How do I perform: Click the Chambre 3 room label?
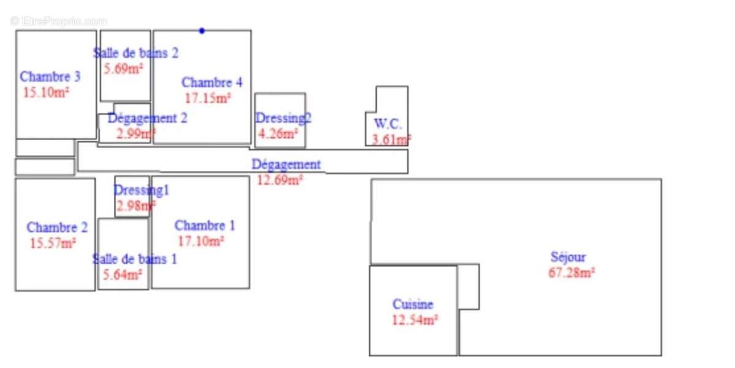click(x=50, y=77)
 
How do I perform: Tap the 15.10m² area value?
click(x=46, y=92)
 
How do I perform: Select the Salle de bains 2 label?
click(x=136, y=53)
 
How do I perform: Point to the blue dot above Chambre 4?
click(x=202, y=31)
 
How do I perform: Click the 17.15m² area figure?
click(x=208, y=97)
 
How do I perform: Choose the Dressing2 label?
click(x=283, y=118)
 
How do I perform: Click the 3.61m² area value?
click(x=391, y=140)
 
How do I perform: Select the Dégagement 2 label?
click(x=148, y=118)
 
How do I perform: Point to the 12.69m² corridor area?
click(x=280, y=180)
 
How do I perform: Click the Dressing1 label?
click(x=141, y=190)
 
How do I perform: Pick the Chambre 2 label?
click(x=57, y=228)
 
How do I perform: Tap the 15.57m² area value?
click(x=53, y=243)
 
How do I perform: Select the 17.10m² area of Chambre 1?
click(x=201, y=241)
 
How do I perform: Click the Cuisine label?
click(x=413, y=304)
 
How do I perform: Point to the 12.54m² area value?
click(x=415, y=320)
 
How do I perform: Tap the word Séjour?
click(x=568, y=257)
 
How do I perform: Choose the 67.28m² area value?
click(x=571, y=273)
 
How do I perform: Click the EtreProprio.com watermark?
click(x=59, y=21)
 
